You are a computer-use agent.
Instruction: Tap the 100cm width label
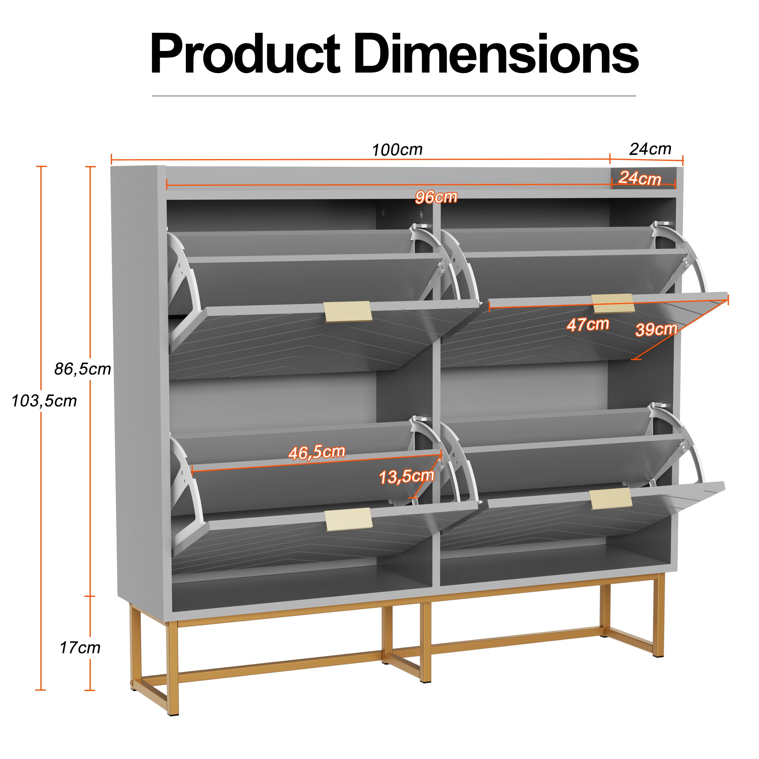[397, 150]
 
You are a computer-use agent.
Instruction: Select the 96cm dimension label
[436, 197]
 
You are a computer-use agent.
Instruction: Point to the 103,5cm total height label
[44, 401]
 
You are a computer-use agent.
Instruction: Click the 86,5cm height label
[83, 369]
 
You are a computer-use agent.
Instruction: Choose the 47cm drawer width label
[588, 325]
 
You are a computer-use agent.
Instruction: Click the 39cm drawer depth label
[656, 329]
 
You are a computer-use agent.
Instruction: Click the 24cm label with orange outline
[640, 178]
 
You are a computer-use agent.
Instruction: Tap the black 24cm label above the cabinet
[650, 149]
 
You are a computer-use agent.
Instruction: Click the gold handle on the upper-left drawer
[348, 311]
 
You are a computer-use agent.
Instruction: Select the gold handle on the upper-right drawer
[613, 303]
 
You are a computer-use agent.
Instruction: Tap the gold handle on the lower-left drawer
[349, 519]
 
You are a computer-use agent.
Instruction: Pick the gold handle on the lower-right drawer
[611, 499]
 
